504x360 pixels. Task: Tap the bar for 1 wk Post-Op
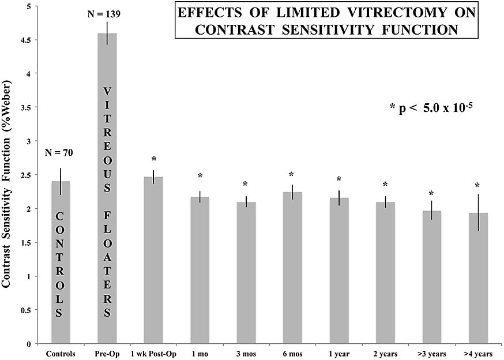[x=153, y=260]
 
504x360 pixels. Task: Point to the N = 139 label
[x=107, y=13]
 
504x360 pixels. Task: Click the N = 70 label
[x=61, y=153]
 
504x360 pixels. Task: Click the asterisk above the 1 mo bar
[x=200, y=176]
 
